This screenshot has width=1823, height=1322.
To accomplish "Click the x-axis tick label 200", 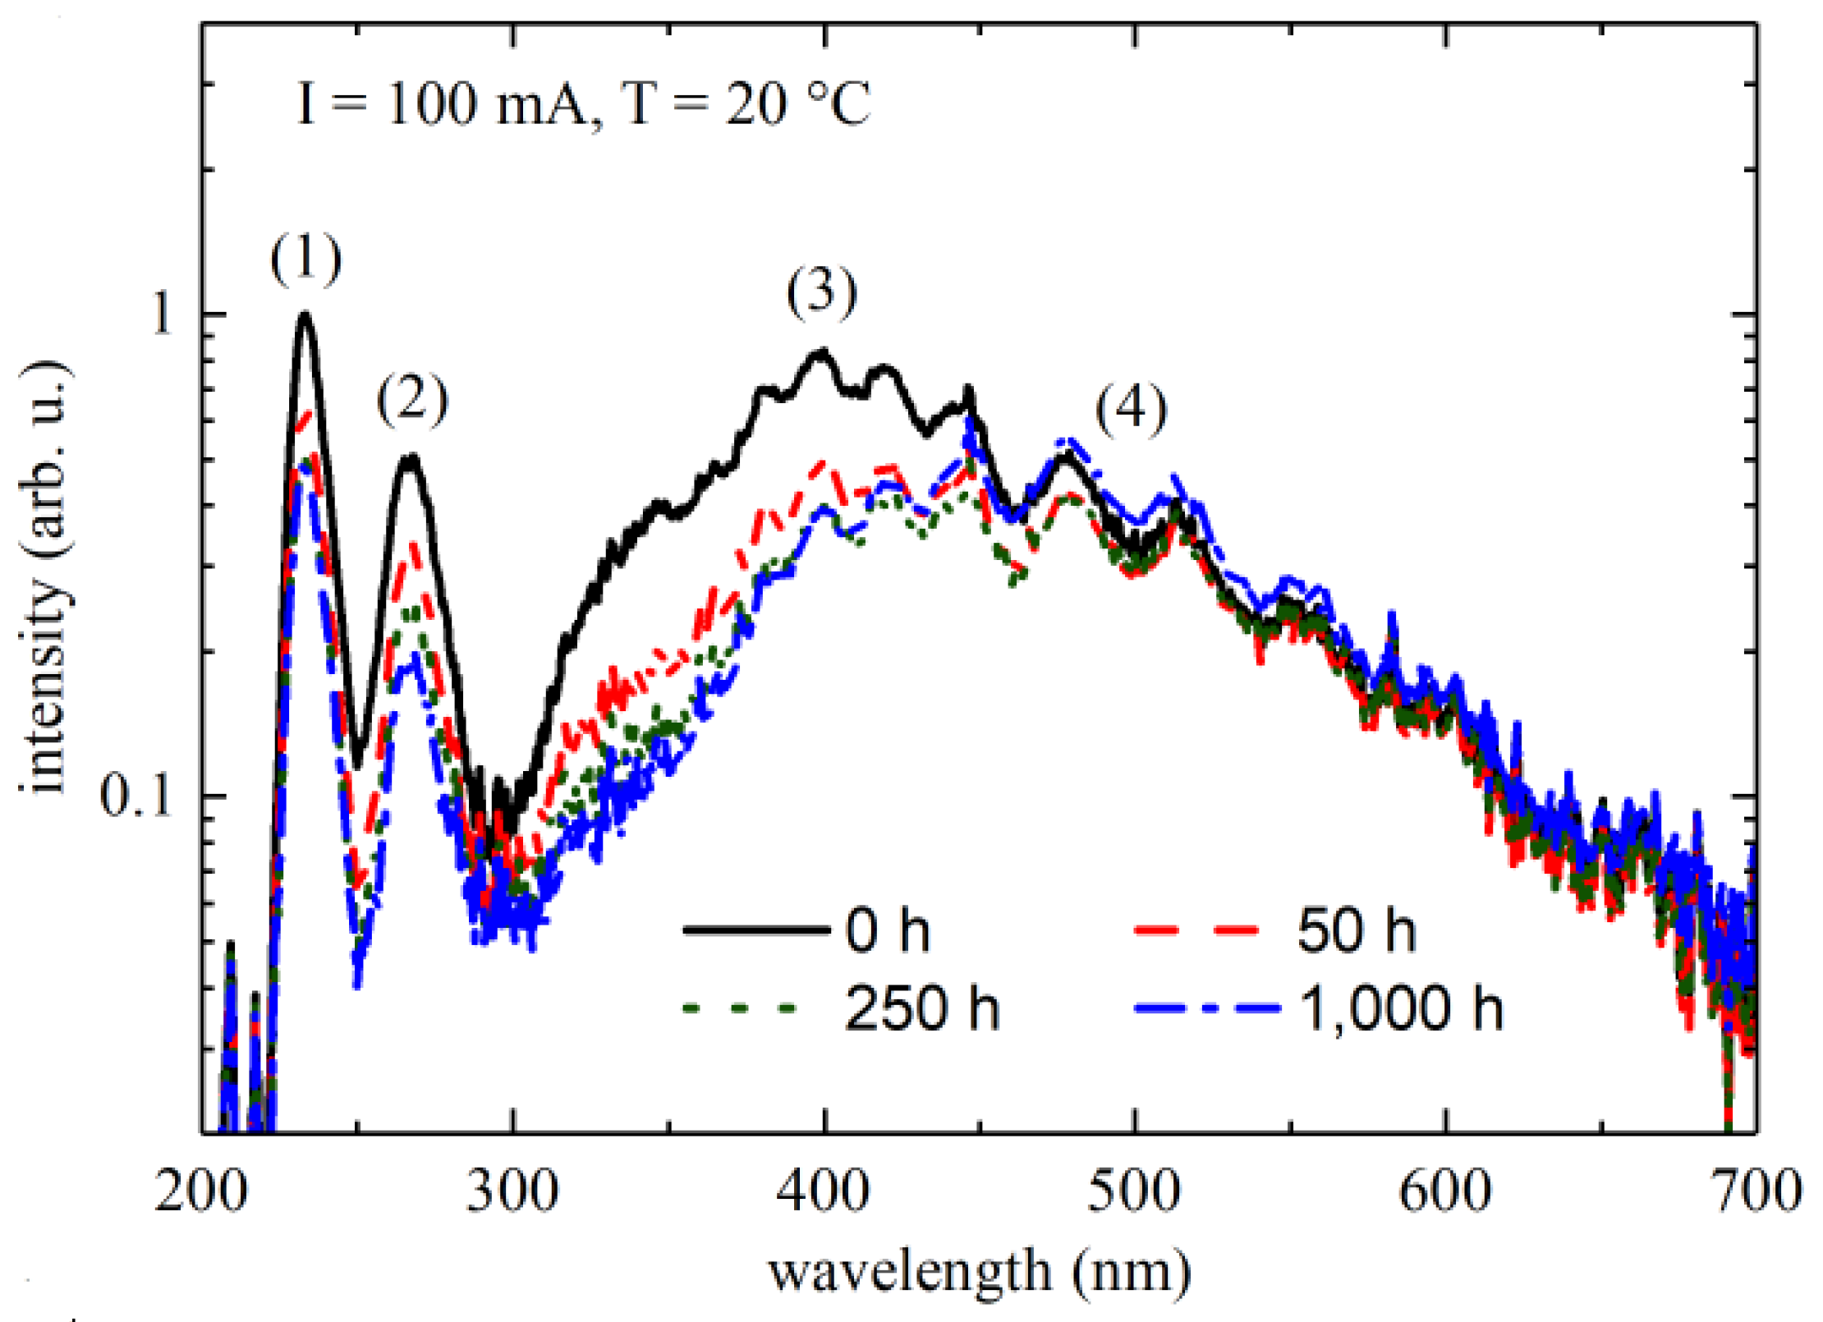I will pos(201,1192).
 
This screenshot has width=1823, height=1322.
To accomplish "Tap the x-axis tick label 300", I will pos(512,1192).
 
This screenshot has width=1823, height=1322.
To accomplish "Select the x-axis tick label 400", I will pos(823,1192).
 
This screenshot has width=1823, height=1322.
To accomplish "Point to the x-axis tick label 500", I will pos(1134,1192).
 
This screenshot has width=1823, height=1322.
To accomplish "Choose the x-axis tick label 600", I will pos(1445,1192).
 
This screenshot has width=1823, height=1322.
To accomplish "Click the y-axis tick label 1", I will pos(163,314).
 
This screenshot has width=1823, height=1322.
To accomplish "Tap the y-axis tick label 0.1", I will pos(135,795).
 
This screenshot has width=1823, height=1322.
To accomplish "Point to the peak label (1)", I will pos(305,259).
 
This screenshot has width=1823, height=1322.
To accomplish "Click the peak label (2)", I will pos(412,400).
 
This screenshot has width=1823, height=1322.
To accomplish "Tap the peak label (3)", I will pos(822,291).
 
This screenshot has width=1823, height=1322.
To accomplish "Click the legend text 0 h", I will pos(888,931).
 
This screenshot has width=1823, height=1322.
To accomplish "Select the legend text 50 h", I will pos(1357,931).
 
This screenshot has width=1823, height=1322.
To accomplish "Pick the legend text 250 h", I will pos(921,1008).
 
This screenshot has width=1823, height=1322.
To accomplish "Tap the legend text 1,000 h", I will pos(1402,1008).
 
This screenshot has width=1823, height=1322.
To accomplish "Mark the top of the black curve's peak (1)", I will pos(305,314).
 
